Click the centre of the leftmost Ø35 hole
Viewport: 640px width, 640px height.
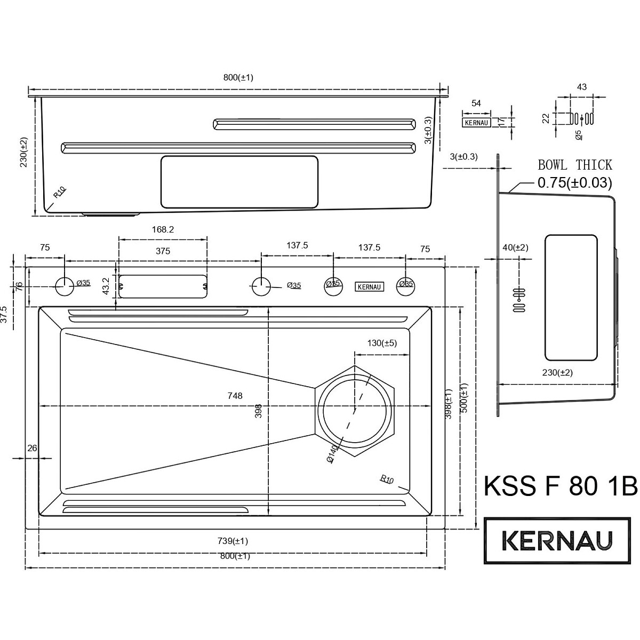tap(65, 286)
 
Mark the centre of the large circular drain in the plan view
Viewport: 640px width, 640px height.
tap(355, 411)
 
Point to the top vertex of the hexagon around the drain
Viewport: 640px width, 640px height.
tap(355, 366)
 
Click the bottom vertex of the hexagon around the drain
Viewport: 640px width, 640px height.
tap(355, 457)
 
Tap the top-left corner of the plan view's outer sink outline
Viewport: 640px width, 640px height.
tap(26, 267)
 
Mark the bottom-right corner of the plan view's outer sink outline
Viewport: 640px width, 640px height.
tap(445, 529)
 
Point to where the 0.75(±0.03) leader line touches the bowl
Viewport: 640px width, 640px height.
tap(508, 193)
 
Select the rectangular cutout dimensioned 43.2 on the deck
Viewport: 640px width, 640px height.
tap(163, 286)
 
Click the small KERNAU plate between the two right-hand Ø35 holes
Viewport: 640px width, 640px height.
tap(370, 286)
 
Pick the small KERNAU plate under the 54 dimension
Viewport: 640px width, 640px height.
tap(476, 123)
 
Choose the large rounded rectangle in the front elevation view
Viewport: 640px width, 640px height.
tap(239, 182)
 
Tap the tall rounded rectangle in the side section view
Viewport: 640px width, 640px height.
tap(571, 298)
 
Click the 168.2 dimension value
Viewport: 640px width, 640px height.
tap(163, 229)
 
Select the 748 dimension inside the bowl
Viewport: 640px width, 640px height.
tap(235, 396)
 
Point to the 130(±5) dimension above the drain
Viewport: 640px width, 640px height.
tap(382, 343)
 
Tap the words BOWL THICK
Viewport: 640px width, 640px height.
tap(575, 165)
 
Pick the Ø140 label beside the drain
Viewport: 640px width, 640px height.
tap(332, 455)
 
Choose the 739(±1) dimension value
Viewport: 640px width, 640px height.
tap(233, 541)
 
